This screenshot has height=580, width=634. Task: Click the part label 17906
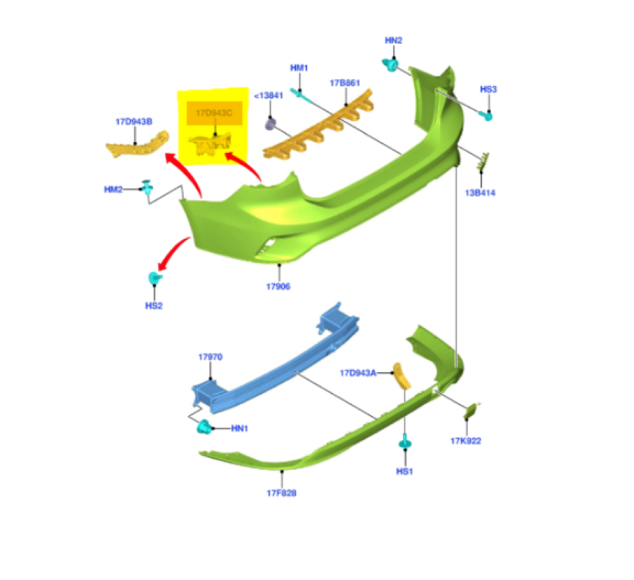pyautogui.click(x=278, y=287)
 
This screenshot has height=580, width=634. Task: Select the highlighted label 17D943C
pyautogui.click(x=214, y=113)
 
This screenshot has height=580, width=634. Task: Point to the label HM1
pyautogui.click(x=299, y=68)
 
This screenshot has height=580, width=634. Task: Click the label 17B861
pyautogui.click(x=345, y=83)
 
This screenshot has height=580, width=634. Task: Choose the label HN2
pyautogui.click(x=394, y=40)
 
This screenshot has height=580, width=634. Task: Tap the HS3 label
pyautogui.click(x=488, y=89)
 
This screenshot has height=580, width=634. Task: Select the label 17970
pyautogui.click(x=210, y=358)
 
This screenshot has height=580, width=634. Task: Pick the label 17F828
pyautogui.click(x=281, y=493)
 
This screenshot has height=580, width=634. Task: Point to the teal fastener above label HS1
pyautogui.click(x=404, y=442)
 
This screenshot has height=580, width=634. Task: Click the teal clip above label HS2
pyautogui.click(x=154, y=278)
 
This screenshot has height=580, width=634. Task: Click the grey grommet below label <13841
pyautogui.click(x=269, y=125)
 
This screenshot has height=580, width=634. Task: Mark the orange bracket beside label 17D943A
pyautogui.click(x=401, y=375)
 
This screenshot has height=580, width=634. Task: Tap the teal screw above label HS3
pyautogui.click(x=487, y=115)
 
